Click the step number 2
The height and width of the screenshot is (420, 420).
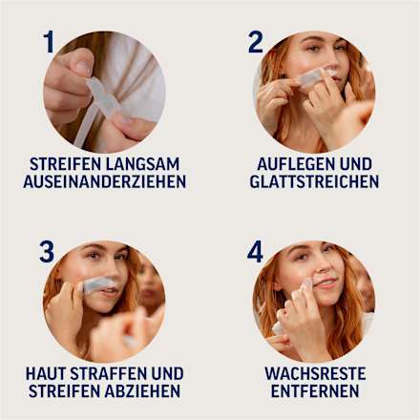pyautogui.click(x=255, y=42)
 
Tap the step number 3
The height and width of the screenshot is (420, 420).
pyautogui.click(x=47, y=252)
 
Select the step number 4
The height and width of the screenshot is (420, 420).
pyautogui.click(x=255, y=252)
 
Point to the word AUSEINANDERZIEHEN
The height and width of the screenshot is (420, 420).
pyautogui.click(x=104, y=180)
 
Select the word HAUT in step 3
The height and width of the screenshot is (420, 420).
pyautogui.click(x=48, y=373)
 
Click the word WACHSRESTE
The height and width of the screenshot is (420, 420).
pyautogui.click(x=314, y=373)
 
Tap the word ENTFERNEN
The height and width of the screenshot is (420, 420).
pyautogui.click(x=314, y=391)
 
